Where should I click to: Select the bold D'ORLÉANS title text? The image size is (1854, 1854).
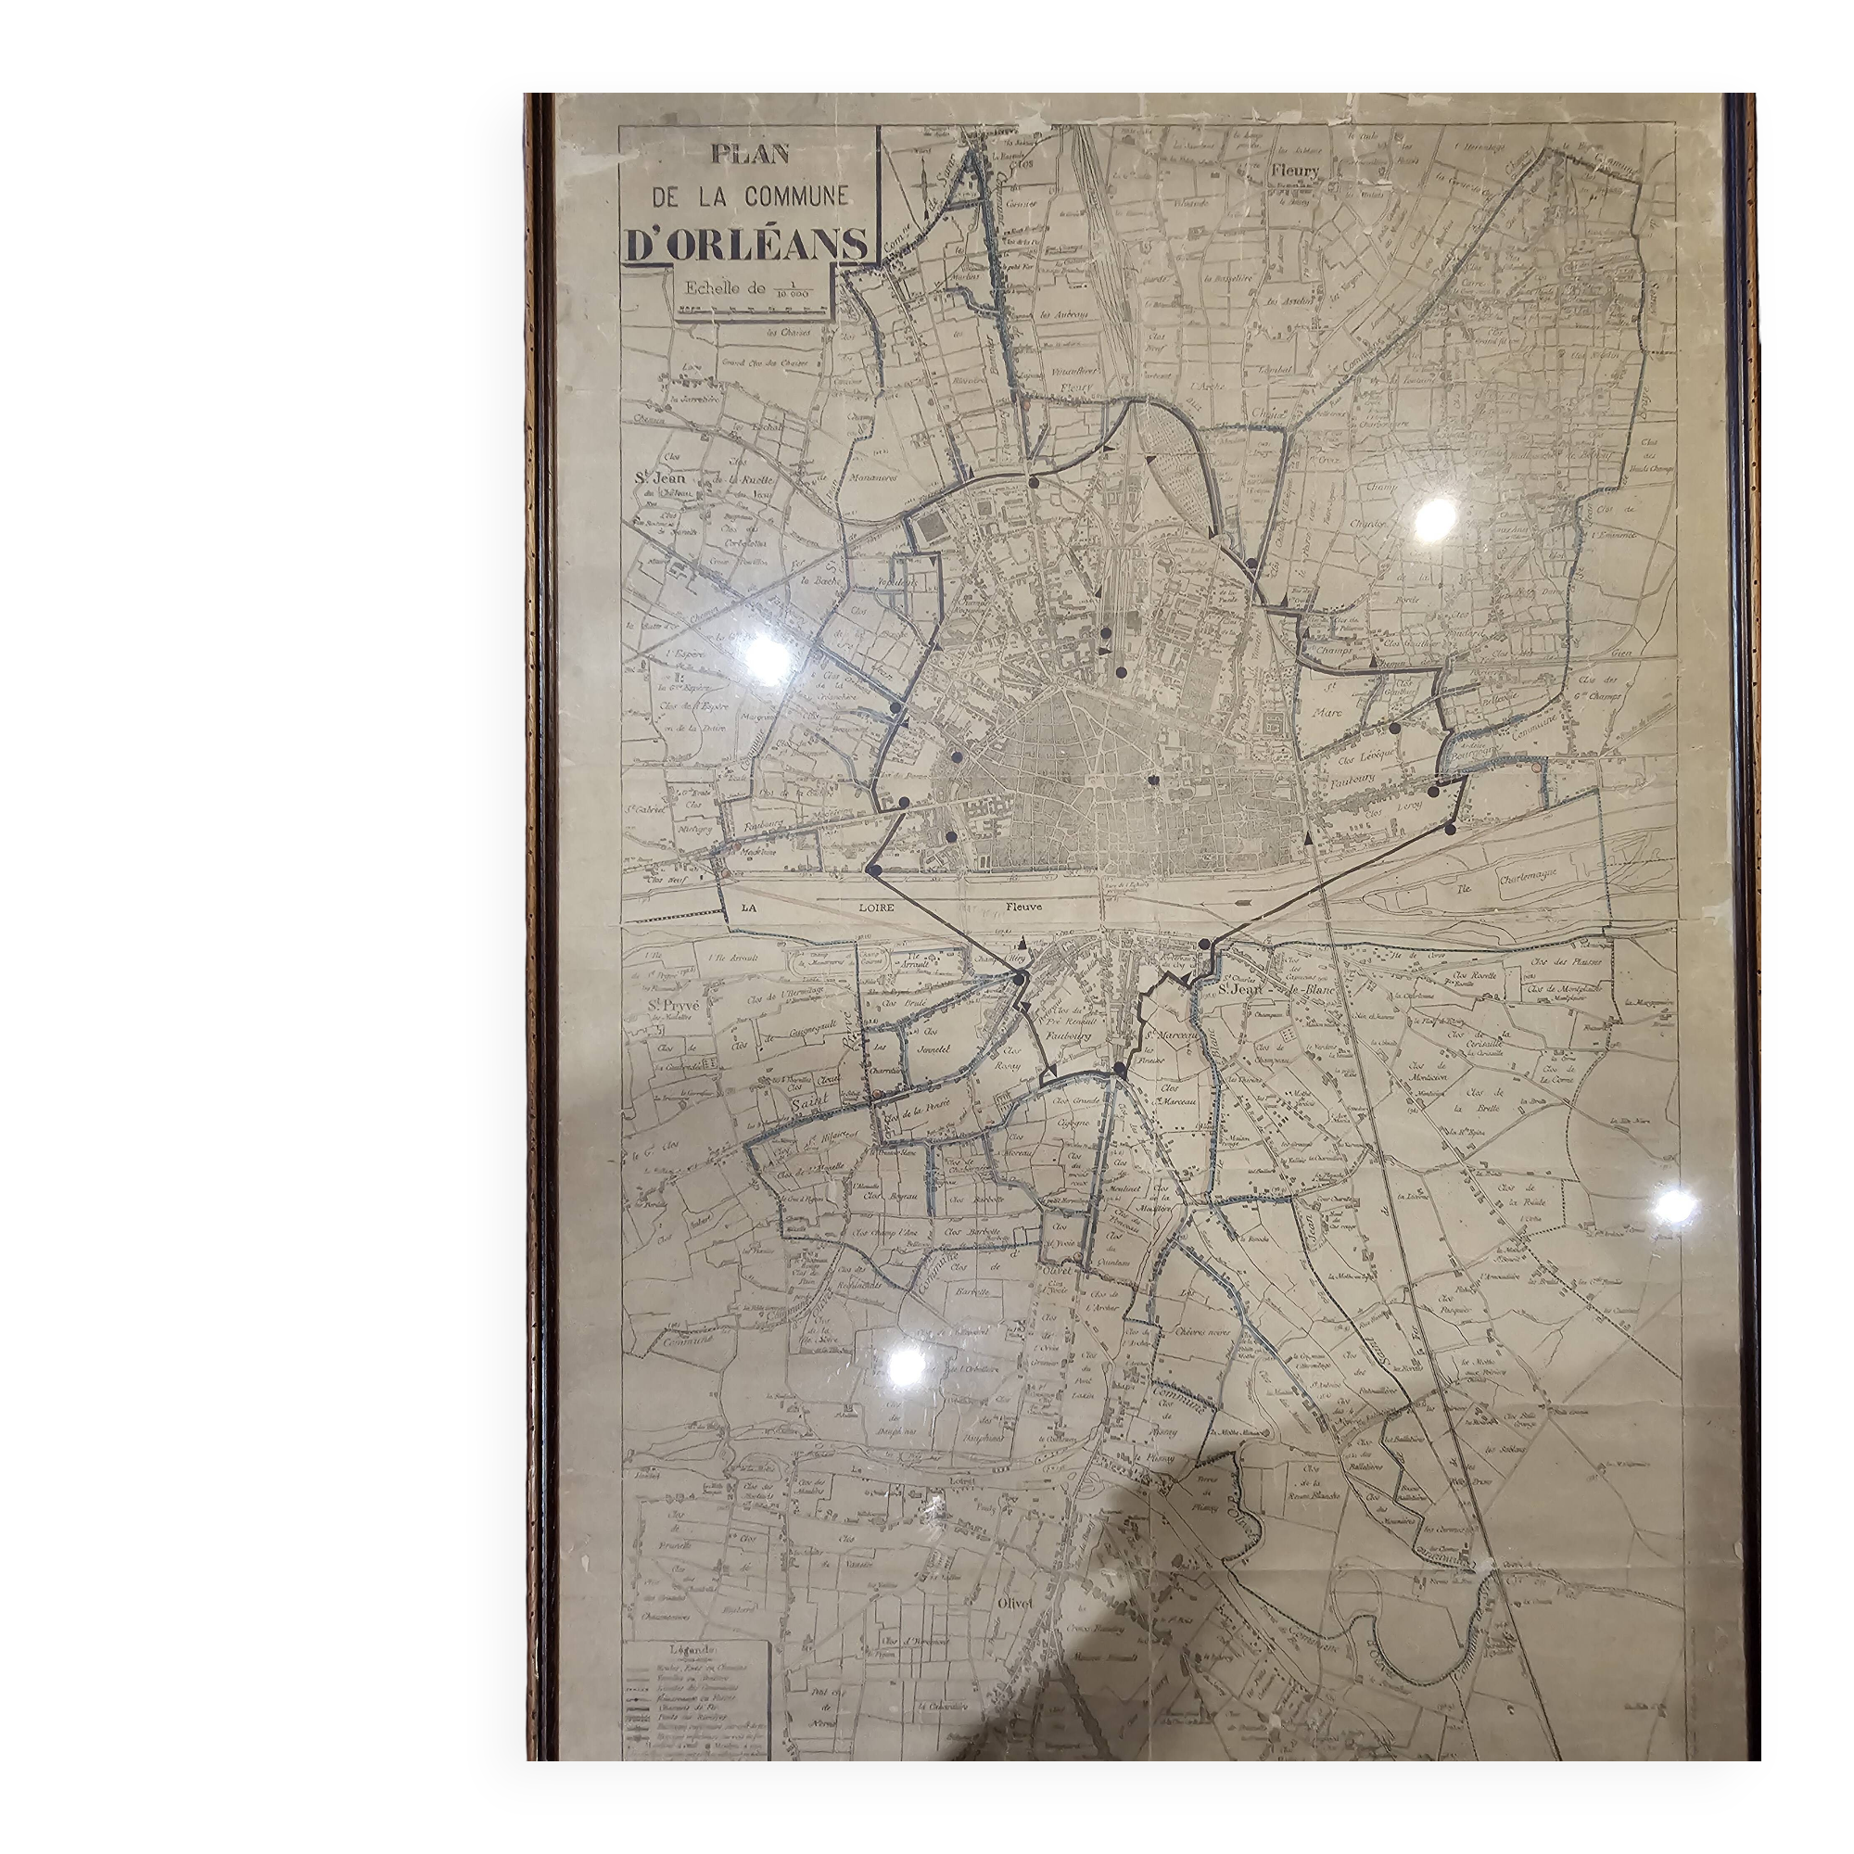coord(746,245)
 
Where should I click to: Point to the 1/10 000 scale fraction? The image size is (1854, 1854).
coord(793,289)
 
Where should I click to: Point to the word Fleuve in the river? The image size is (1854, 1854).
coord(1024,906)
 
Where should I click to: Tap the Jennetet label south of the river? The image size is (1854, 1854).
coord(933,1051)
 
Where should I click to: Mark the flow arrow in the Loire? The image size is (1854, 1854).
coord(1244,903)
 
